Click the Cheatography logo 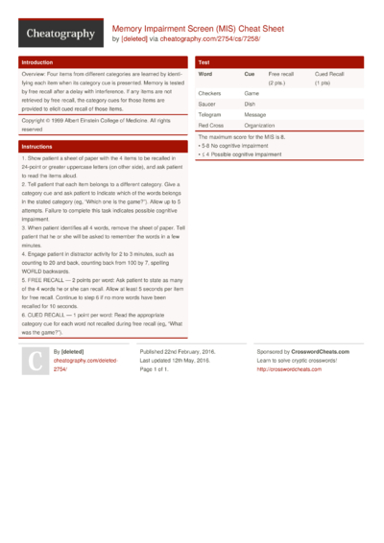[x=60, y=34]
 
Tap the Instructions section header [x=36, y=146]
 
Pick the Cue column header [x=250, y=74]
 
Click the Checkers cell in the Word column [x=209, y=93]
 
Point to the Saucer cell [x=207, y=104]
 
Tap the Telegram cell [x=210, y=114]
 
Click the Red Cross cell [x=210, y=125]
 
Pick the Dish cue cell [x=250, y=104]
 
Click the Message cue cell [x=255, y=114]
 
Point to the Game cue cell [x=252, y=93]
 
